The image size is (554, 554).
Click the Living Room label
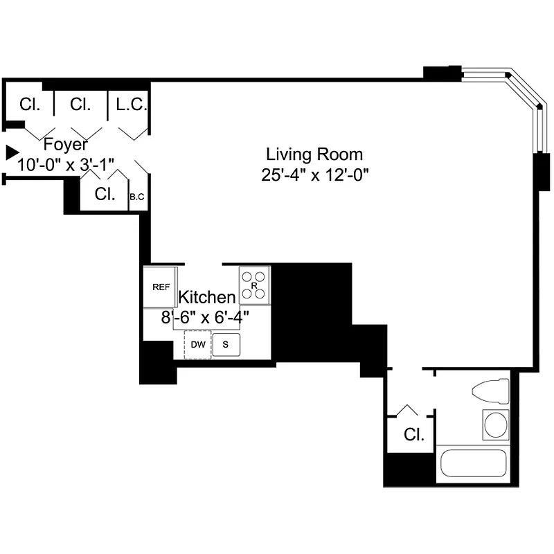click(x=314, y=154)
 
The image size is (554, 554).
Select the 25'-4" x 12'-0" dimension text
click(x=314, y=175)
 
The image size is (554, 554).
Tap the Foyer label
click(x=66, y=145)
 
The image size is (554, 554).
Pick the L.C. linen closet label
click(x=129, y=105)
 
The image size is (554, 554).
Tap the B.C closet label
click(x=137, y=197)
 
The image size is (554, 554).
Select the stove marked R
click(x=254, y=285)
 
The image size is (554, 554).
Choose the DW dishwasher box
click(x=197, y=344)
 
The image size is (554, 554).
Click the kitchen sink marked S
click(x=226, y=344)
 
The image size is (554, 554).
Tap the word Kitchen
click(x=207, y=297)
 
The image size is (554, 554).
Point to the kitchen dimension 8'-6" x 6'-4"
click(x=204, y=317)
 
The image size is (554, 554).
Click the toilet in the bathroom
click(x=490, y=391)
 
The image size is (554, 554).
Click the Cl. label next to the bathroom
click(x=413, y=435)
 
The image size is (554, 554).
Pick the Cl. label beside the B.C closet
click(x=105, y=194)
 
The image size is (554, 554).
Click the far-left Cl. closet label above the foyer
click(x=30, y=105)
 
